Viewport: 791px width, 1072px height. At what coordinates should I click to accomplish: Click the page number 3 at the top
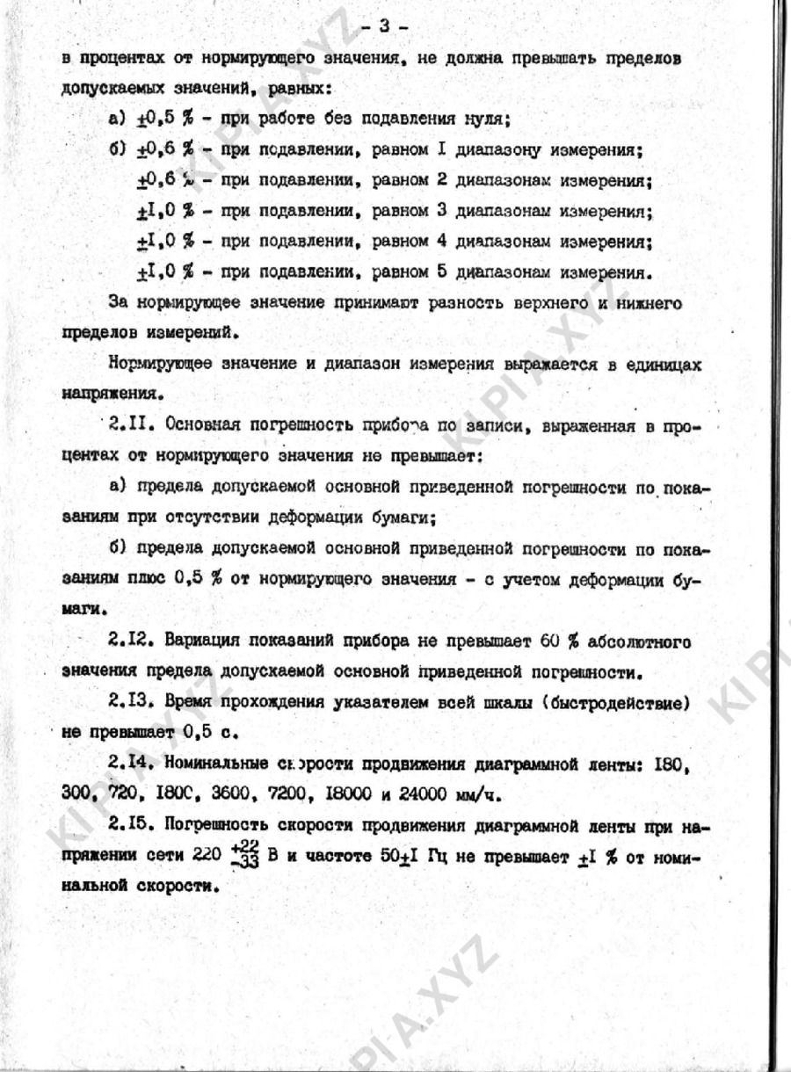383,25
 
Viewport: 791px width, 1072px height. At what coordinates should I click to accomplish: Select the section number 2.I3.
133,703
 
